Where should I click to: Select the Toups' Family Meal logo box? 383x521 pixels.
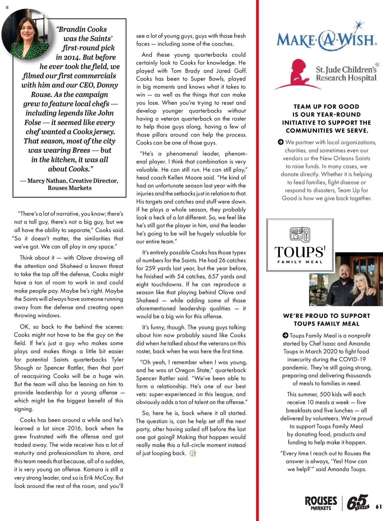[300, 245]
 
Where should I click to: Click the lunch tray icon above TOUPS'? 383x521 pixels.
[300, 234]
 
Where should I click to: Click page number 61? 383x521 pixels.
[379, 507]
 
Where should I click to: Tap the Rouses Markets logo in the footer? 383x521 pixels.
[321, 503]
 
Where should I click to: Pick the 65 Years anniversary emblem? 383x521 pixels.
[358, 502]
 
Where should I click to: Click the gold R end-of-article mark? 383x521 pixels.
[193, 453]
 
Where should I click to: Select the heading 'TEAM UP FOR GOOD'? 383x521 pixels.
[326, 107]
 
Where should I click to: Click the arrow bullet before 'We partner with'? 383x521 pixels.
[280, 142]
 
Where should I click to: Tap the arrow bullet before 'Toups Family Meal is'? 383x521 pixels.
[285, 335]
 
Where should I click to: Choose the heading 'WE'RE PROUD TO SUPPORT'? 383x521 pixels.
[326, 316]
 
